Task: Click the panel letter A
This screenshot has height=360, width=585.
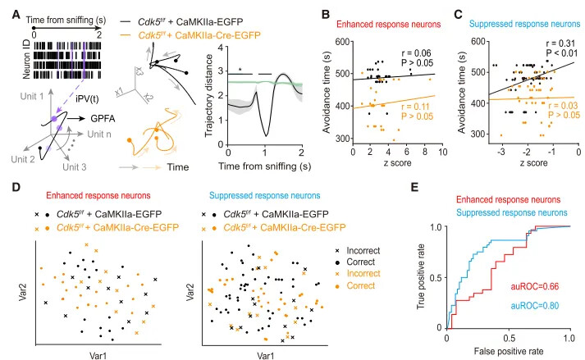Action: pyautogui.click(x=7, y=8)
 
